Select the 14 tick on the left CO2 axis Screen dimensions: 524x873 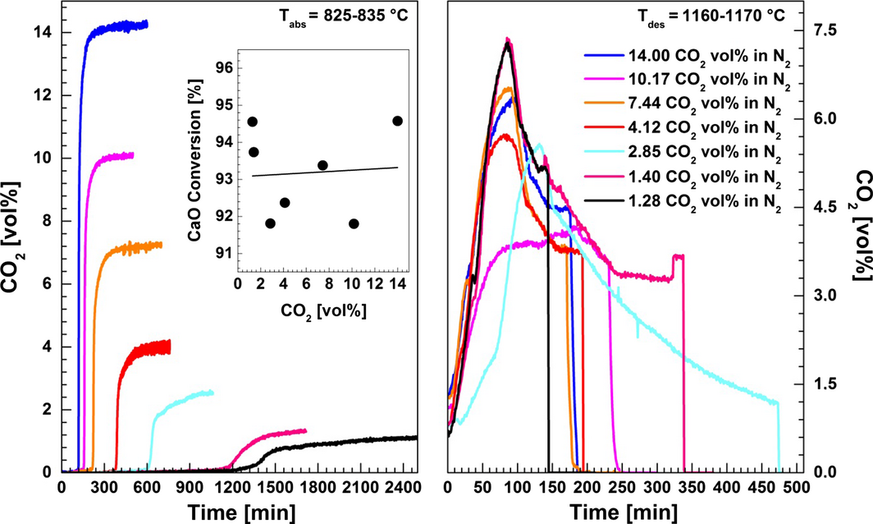[46, 32]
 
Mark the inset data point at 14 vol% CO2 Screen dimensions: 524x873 [398, 121]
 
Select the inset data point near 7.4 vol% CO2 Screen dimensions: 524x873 [322, 165]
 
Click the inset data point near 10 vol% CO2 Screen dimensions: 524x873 [354, 223]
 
